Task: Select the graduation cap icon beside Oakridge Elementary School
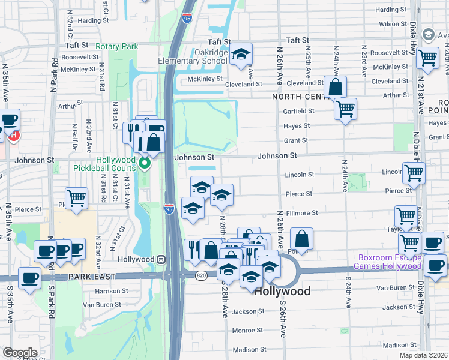point(241,55)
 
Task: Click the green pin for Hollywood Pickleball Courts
point(144,162)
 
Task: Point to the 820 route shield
point(200,274)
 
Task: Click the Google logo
point(20,352)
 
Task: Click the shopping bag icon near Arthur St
point(335,87)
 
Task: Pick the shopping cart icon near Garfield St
point(345,109)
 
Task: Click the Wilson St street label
point(393,24)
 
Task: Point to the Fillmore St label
point(301,213)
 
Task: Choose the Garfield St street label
point(298,111)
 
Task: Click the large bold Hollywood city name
point(282,292)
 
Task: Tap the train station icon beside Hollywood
point(161,259)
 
